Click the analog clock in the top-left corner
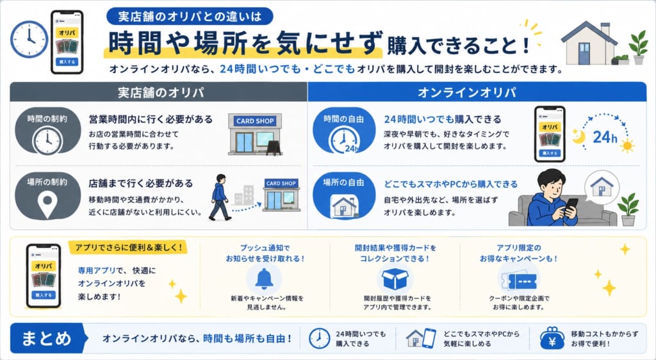29,39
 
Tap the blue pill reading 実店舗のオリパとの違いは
190,16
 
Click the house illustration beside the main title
589,43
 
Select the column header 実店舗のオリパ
159,92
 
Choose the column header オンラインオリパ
477,92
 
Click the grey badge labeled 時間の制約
47,131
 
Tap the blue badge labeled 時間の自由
344,131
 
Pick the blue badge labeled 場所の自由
344,195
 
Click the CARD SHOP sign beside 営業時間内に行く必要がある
255,121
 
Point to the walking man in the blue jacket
219,197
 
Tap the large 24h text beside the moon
605,137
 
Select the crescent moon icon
578,136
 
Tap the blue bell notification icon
264,279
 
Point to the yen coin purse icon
552,338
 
